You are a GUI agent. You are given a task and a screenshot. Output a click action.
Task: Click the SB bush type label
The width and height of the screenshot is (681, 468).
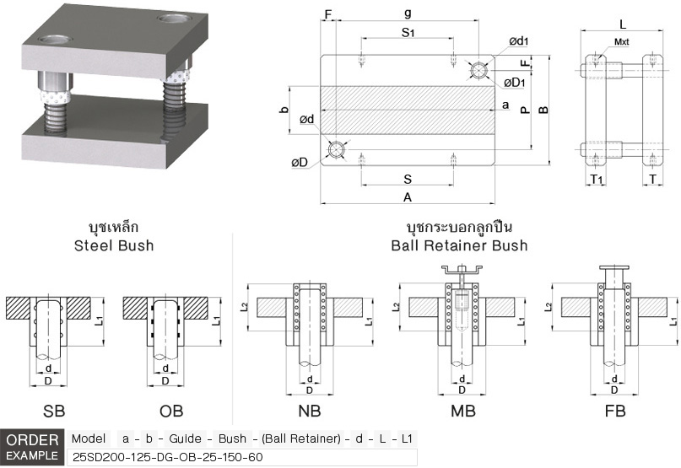(53, 412)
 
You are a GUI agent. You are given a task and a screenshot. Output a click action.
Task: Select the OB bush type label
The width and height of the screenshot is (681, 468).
(171, 412)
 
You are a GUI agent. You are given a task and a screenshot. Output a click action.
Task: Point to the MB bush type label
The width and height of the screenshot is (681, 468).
(462, 412)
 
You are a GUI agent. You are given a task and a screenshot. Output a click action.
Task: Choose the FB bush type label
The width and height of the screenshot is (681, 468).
(615, 412)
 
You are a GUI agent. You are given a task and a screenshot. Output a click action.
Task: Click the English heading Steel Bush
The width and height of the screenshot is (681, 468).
(113, 245)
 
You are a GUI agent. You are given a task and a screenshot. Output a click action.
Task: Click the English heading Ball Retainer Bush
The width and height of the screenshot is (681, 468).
(459, 245)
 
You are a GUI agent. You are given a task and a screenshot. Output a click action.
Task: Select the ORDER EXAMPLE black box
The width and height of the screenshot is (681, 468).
(31, 448)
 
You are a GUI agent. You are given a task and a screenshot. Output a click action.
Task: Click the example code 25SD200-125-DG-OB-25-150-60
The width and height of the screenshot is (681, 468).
(168, 457)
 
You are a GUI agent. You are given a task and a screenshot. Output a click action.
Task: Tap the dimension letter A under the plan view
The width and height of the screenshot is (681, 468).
(407, 197)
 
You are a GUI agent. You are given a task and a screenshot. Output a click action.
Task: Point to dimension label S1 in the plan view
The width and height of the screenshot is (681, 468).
(408, 32)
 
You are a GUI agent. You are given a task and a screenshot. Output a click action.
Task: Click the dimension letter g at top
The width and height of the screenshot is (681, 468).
(408, 13)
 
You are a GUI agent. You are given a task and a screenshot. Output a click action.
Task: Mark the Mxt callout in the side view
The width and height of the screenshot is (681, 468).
(621, 41)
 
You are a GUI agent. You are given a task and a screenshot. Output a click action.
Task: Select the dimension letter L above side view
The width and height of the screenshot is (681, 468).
(623, 24)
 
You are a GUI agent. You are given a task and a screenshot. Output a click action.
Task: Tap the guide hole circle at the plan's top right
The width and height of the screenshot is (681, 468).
(479, 70)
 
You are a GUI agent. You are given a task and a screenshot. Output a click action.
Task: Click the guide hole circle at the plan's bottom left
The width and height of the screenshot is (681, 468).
(336, 150)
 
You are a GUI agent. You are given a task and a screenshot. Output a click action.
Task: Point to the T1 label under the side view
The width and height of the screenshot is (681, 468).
(596, 180)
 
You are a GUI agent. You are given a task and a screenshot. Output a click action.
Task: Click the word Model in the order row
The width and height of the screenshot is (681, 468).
(89, 438)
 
